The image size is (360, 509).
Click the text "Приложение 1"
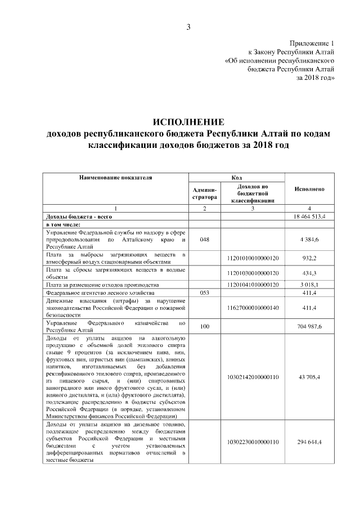pos(312,43)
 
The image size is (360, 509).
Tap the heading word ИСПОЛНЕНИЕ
pos(188,122)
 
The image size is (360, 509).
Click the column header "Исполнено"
pos(310,190)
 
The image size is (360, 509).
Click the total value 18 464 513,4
pos(310,217)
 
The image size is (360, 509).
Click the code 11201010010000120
pos(253,258)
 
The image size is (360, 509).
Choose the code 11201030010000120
pos(253,273)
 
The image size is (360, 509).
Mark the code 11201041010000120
pos(253,285)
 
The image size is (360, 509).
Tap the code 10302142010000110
pos(253,376)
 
